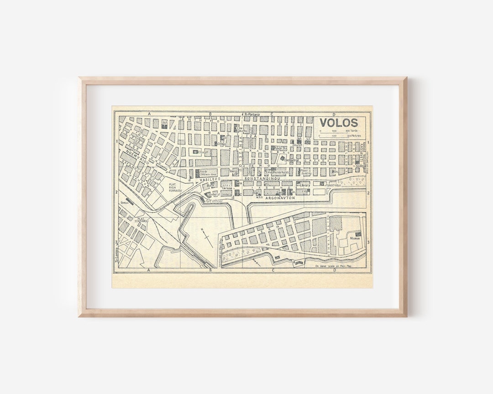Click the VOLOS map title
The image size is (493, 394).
[x=338, y=122]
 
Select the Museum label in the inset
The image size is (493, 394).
[x=355, y=238]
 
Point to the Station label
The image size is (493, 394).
[x=123, y=202]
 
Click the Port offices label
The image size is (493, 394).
[x=214, y=200]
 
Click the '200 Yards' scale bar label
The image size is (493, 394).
[x=351, y=130]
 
